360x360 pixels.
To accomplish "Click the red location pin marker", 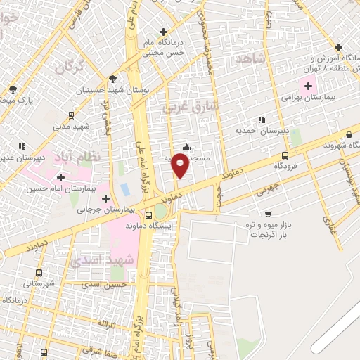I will (181, 165).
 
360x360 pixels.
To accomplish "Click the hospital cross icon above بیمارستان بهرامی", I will (307, 86).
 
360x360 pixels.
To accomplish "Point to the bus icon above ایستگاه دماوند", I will (148, 215).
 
